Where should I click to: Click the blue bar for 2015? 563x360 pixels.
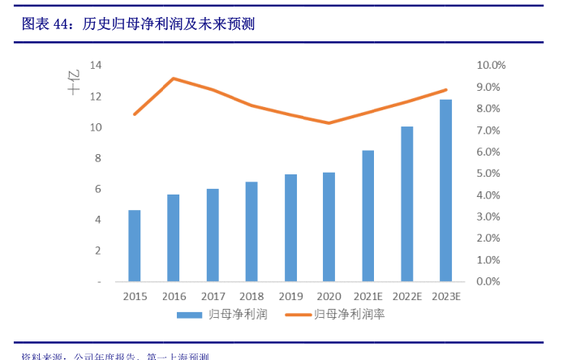point(135,246)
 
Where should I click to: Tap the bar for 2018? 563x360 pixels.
point(251,232)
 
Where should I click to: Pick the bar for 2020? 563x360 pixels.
point(329,227)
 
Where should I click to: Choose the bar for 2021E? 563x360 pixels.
point(367,216)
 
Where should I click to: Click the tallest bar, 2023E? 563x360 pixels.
point(445,191)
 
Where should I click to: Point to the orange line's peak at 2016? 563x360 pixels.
point(174,79)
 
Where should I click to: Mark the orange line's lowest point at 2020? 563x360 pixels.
point(329,123)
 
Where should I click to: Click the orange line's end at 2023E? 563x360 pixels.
point(445,90)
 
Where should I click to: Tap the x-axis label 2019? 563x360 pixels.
point(290,297)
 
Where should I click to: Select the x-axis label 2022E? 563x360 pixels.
point(406,297)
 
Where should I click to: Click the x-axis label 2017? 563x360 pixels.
point(213,297)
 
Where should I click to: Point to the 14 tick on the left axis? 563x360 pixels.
point(95,65)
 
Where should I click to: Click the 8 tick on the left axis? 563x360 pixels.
point(97,158)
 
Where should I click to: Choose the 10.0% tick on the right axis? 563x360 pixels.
point(491,65)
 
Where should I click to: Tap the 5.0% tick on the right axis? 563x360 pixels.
point(491,174)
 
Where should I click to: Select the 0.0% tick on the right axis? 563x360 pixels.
point(491,281)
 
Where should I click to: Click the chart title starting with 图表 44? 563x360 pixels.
point(139,24)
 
